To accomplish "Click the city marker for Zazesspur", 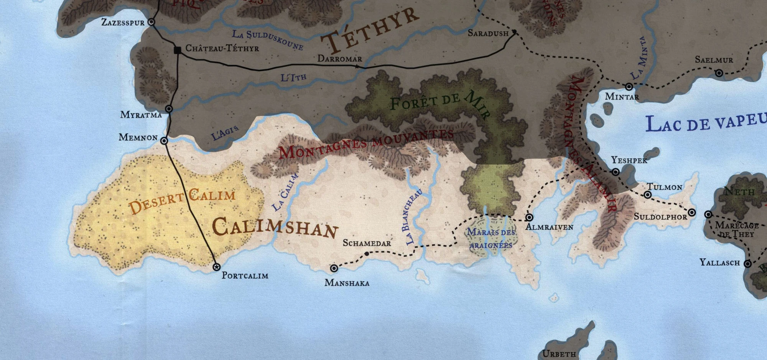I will [x=151, y=22].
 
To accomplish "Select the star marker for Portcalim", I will [x=216, y=267].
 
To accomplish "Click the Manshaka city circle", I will [x=334, y=268].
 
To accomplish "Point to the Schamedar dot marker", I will [x=367, y=254].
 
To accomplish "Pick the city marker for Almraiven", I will [x=529, y=217].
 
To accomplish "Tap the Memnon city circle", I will [x=164, y=141].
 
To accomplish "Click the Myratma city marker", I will [x=169, y=109].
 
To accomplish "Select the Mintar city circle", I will [x=629, y=87].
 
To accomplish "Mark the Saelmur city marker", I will [x=719, y=73].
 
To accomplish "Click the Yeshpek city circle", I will [x=616, y=172].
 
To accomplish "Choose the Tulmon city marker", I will [x=648, y=195].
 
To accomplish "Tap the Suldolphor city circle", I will [x=692, y=212].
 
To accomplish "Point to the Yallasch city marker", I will [x=747, y=264].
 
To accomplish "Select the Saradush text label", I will [x=488, y=33].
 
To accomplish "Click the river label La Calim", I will [x=285, y=192].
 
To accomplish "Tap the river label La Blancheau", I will [x=414, y=217].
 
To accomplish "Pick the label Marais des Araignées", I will [x=491, y=238].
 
